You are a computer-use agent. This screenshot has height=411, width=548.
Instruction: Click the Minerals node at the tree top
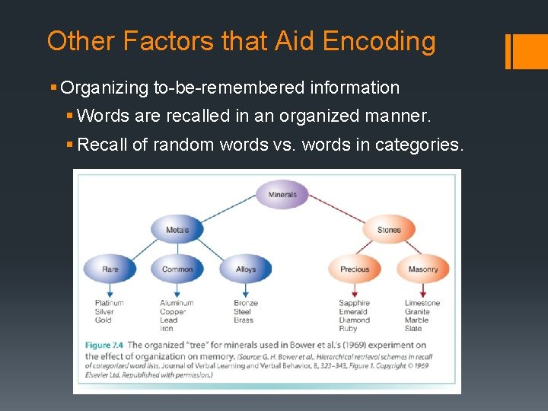(x=282, y=194)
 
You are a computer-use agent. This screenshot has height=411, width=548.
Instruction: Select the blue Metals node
(x=177, y=229)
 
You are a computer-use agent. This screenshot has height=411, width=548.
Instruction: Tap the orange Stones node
(x=389, y=229)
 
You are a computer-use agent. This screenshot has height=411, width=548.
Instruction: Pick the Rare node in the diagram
(x=110, y=269)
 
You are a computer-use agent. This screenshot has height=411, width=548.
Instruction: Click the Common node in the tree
(x=177, y=269)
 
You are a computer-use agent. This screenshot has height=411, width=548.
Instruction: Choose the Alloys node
(x=246, y=269)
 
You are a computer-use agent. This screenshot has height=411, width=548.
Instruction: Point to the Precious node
(x=355, y=269)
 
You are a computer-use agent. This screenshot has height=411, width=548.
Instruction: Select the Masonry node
(x=423, y=269)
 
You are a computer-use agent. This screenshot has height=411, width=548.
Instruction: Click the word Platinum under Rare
(x=110, y=303)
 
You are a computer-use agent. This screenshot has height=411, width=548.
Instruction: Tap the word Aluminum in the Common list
(x=177, y=303)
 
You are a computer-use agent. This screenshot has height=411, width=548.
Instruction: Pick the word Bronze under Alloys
(x=246, y=303)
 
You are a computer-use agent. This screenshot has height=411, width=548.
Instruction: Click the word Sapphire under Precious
(x=354, y=303)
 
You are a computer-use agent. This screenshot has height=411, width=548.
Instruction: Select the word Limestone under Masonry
(x=422, y=303)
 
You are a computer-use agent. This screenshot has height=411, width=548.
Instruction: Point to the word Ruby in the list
(x=348, y=329)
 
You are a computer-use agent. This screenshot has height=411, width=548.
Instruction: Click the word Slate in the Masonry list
(x=414, y=329)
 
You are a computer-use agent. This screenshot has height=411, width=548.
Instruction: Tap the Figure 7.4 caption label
(x=104, y=345)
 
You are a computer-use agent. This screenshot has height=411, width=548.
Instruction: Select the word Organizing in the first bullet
(x=105, y=88)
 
